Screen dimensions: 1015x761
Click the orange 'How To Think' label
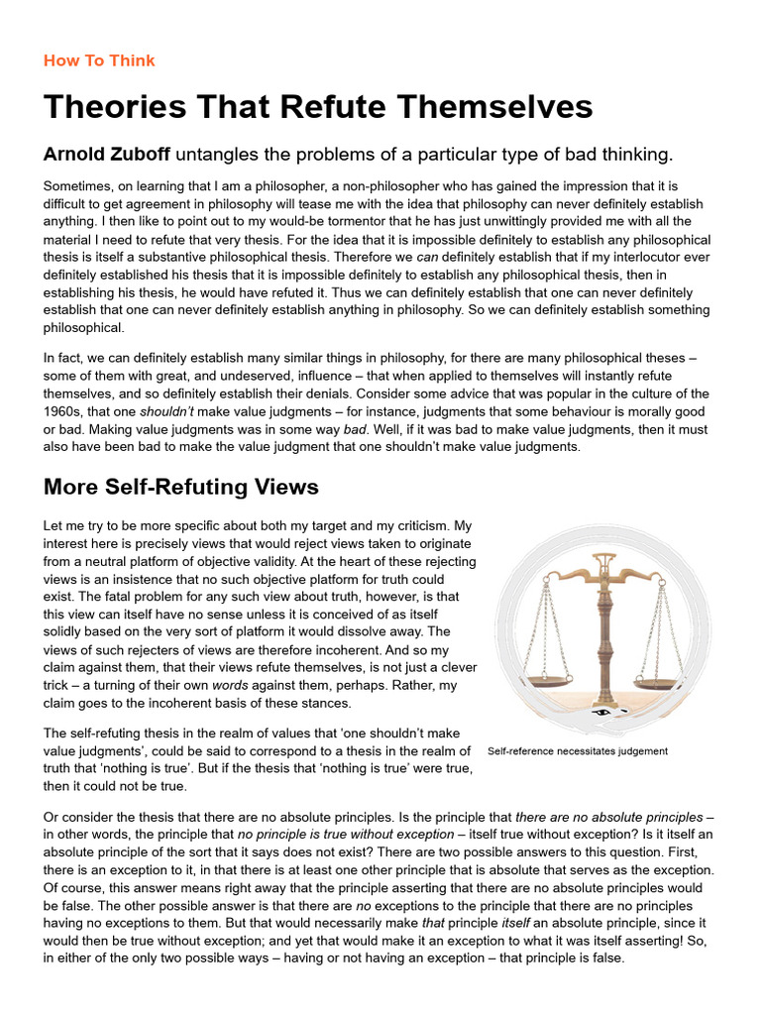pyautogui.click(x=99, y=60)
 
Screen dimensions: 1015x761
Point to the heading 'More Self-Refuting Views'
pyautogui.click(x=181, y=487)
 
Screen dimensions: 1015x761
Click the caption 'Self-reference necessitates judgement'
pyautogui.click(x=578, y=750)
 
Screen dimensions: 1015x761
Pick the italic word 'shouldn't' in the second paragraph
pyautogui.click(x=168, y=411)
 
